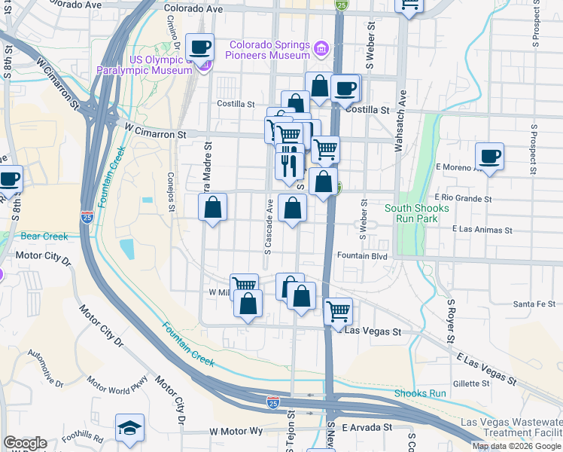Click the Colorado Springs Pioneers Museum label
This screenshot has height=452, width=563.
pos(269,50)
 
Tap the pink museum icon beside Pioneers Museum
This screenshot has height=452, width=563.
pos(321,49)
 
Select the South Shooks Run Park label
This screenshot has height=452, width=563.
pos(416,213)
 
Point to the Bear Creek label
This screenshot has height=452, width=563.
pos(44,237)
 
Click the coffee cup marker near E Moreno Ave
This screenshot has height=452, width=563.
pos(489,157)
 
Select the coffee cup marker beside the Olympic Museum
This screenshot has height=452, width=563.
pos(200,47)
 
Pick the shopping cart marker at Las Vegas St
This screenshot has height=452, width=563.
pos(339,310)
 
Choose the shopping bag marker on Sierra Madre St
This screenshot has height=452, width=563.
pos(213,207)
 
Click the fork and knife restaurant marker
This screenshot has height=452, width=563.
pos(289,164)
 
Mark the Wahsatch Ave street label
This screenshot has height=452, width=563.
pos(401,121)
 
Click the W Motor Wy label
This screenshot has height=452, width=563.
pos(236,431)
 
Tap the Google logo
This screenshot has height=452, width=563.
pos(25,443)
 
